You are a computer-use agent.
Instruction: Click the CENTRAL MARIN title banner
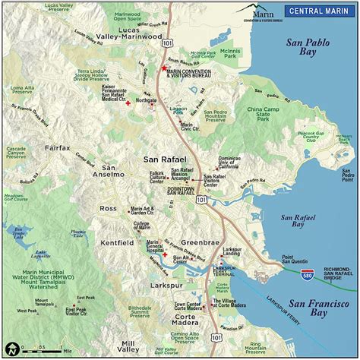[x=319, y=11]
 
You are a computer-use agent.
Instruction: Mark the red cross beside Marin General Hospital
[x=165, y=255]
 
